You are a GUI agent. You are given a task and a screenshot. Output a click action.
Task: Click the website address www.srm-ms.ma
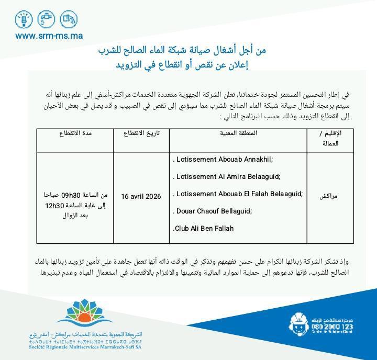click(49, 36)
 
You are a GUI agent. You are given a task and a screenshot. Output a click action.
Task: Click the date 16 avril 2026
click(141, 196)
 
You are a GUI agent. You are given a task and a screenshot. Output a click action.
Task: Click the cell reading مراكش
click(329, 196)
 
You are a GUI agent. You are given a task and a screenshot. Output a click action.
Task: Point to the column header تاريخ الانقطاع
click(141, 133)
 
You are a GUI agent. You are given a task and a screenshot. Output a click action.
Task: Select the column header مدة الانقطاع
click(76, 133)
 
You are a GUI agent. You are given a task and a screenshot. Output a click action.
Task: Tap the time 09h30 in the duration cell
click(69, 195)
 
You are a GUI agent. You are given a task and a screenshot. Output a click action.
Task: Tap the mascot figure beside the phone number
click(300, 325)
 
